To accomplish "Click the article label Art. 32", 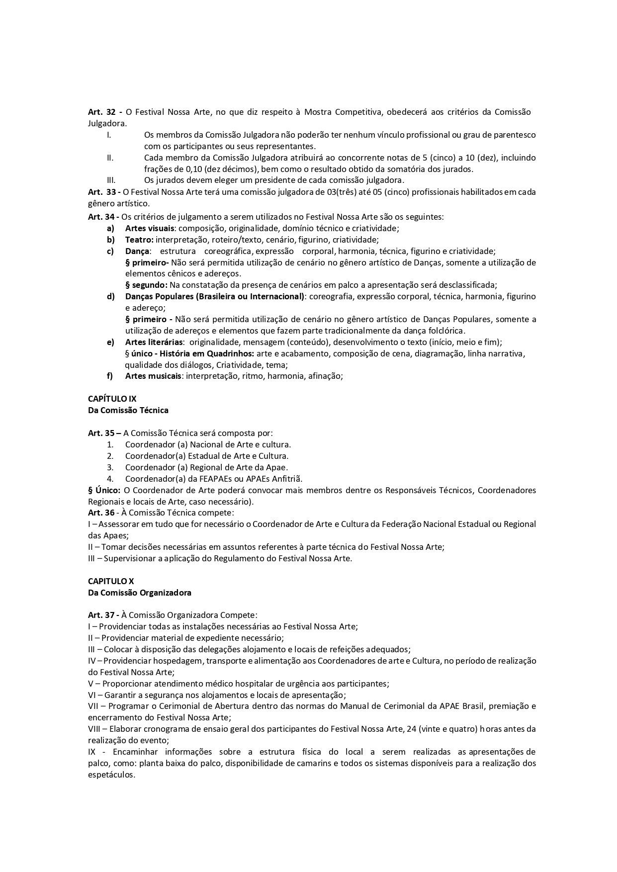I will coord(102,112).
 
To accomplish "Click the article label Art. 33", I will coord(102,192).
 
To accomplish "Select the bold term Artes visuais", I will coord(149,228).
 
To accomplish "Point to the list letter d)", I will coord(110,297).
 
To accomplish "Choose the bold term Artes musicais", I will coord(153,376).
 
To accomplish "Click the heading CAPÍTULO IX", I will coord(112,399).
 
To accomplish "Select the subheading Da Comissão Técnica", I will coord(128,410).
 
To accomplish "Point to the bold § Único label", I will coord(104,490).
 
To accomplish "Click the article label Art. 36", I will coord(101,513).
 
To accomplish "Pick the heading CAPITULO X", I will coord(111,581).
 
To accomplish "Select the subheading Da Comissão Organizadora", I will coord(140,593).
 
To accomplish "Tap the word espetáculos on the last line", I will coord(111,775).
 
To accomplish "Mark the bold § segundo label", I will coord(146,285).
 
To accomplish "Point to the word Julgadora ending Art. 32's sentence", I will coord(106,123).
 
